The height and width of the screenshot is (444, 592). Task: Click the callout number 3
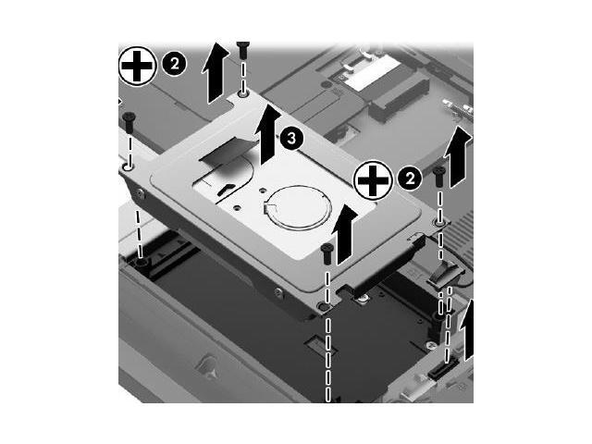(x=290, y=138)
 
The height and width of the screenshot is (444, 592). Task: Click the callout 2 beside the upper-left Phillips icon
(x=173, y=63)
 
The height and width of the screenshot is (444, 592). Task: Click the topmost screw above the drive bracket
(x=243, y=47)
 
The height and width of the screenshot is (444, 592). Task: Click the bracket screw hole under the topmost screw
(x=242, y=93)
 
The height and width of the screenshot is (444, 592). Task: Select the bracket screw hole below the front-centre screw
(x=322, y=305)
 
